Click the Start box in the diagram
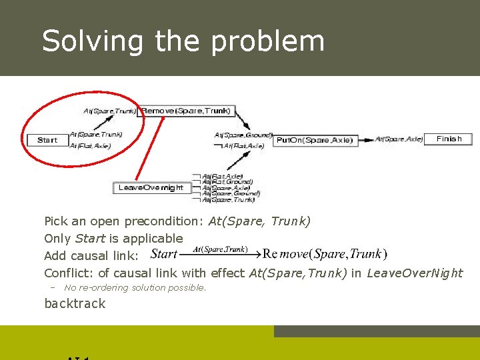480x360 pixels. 47,140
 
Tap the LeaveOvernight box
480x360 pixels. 151,188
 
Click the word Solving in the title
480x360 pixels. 92,41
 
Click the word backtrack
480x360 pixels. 75,303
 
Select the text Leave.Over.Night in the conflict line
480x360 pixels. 415,273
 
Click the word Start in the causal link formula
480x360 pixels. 164,254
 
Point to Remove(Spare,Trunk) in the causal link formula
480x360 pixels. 325,254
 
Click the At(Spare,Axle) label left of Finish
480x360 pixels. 399,139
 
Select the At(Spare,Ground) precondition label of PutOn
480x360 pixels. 243,135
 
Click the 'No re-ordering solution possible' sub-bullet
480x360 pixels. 135,287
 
